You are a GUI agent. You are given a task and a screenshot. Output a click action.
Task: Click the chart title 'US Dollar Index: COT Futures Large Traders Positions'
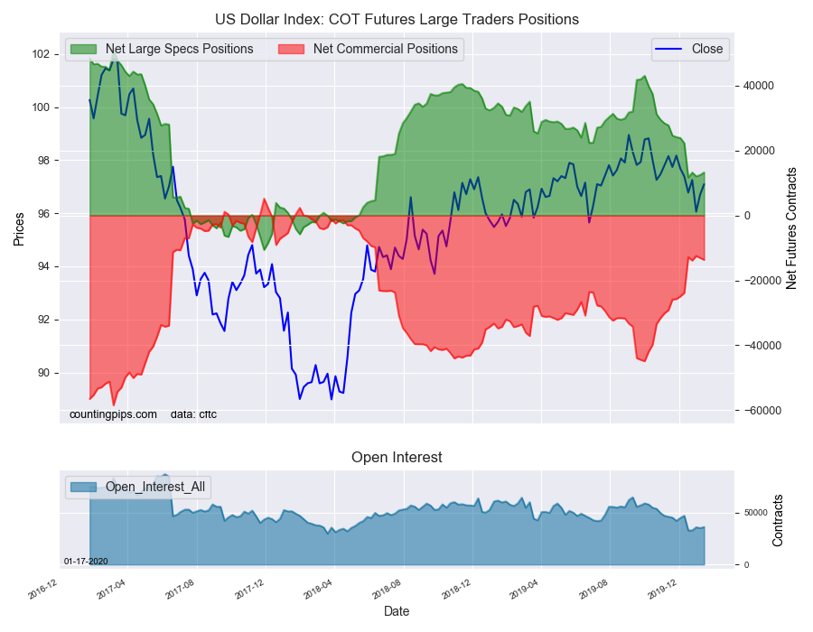pyautogui.click(x=397, y=20)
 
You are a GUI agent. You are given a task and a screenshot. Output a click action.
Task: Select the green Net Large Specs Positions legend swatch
pyautogui.click(x=83, y=49)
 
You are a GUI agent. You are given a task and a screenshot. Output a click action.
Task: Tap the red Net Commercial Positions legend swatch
pyautogui.click(x=292, y=49)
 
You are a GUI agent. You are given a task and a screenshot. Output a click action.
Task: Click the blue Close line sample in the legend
pyautogui.click(x=668, y=49)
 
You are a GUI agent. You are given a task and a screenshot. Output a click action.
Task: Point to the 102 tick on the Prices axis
pyautogui.click(x=42, y=54)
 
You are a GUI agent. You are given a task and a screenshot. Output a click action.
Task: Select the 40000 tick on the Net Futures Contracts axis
pyautogui.click(x=759, y=86)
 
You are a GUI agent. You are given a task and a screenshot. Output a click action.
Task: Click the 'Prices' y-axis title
pyautogui.click(x=19, y=229)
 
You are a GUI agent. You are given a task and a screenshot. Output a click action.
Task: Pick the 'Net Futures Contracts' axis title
pyautogui.click(x=790, y=228)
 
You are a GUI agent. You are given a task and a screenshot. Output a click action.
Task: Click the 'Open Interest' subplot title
pyautogui.click(x=397, y=457)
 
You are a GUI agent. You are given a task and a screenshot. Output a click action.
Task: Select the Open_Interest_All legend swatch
pyautogui.click(x=83, y=487)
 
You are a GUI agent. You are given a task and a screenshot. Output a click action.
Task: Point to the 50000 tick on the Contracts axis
pyautogui.click(x=755, y=513)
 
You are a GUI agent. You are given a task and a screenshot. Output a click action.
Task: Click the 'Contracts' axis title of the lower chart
pyautogui.click(x=777, y=520)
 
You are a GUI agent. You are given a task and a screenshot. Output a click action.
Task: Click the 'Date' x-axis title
pyautogui.click(x=397, y=611)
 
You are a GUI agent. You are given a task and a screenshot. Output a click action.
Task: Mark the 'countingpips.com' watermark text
pyautogui.click(x=113, y=414)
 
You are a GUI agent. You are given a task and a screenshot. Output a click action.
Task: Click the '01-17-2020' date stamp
pyautogui.click(x=86, y=562)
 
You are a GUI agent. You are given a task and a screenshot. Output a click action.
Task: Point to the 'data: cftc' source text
pyautogui.click(x=193, y=414)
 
